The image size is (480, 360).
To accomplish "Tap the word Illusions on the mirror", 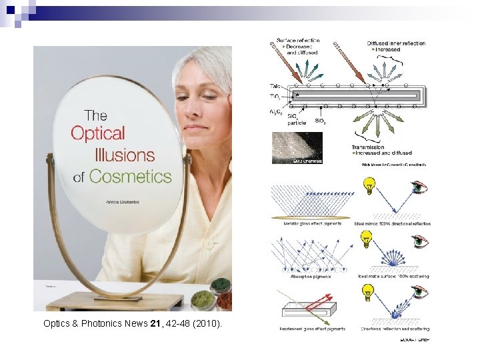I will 125,155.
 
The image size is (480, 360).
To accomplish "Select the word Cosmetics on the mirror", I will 131,177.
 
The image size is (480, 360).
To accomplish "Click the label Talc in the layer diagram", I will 276,86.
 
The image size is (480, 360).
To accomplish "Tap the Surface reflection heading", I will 299,40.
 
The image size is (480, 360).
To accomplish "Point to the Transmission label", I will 369,147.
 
